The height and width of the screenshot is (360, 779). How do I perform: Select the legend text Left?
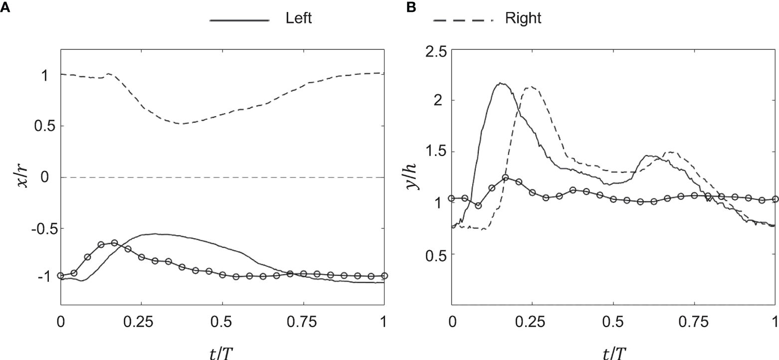tap(299, 19)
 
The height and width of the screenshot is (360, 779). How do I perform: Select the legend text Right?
tap(523, 19)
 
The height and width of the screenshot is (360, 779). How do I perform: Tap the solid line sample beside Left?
tap(239, 20)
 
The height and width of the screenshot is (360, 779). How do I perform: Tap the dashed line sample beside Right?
tap(464, 20)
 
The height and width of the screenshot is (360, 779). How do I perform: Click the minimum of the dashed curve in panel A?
tap(182, 124)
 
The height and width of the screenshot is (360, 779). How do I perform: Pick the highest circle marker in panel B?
tap(505, 178)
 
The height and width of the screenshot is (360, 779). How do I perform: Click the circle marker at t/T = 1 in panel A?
tap(384, 276)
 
